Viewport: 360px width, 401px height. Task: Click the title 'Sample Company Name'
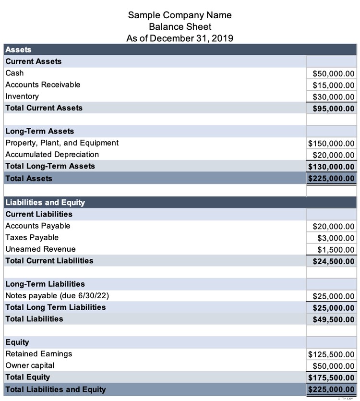click(180, 15)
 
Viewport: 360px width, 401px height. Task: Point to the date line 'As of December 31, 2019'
click(180, 38)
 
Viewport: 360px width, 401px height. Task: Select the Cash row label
click(14, 73)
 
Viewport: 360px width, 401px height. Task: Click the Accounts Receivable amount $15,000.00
click(333, 85)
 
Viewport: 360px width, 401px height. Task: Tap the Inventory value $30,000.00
click(333, 97)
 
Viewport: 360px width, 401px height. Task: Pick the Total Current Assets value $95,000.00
click(333, 109)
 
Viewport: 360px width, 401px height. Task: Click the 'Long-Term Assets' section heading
click(39, 131)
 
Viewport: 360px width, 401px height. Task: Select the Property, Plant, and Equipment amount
click(331, 144)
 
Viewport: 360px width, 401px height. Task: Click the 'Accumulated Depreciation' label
click(52, 155)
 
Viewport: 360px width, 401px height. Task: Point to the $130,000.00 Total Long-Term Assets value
click(331, 167)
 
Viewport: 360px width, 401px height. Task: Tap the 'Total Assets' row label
click(29, 178)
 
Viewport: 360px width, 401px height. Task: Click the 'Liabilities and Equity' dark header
click(45, 203)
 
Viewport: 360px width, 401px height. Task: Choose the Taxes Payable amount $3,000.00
click(336, 238)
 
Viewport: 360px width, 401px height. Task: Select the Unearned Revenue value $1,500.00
click(336, 250)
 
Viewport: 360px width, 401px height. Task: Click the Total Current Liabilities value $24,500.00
click(333, 261)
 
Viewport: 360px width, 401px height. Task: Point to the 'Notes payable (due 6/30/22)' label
click(60, 295)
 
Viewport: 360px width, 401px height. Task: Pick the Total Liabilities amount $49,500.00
click(333, 319)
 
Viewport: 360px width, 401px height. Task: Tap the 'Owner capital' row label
click(30, 365)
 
